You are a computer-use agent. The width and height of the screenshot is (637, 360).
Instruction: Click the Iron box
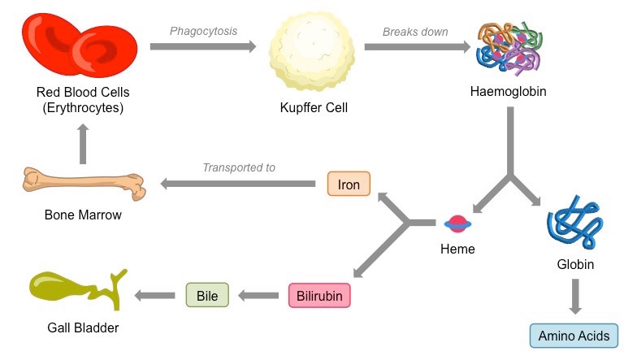pos(349,184)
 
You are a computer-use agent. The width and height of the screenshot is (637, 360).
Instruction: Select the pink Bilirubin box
pos(319,294)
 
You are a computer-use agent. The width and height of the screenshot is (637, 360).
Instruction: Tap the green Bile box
pos(207,294)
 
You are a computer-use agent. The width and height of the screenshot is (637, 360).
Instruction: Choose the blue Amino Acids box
pos(574,336)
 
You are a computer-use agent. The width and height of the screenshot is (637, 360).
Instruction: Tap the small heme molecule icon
pos(457,223)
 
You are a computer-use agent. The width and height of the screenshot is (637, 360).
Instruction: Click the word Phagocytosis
pos(203,31)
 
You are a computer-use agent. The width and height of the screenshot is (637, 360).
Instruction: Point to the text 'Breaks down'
pos(415,31)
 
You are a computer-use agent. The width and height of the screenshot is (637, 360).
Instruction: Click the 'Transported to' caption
pos(239,167)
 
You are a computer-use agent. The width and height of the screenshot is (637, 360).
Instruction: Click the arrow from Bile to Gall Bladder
pos(154,294)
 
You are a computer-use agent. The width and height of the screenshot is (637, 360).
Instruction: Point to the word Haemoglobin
pos(508,91)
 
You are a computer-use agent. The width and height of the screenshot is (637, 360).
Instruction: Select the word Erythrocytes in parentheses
pos(84,106)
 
